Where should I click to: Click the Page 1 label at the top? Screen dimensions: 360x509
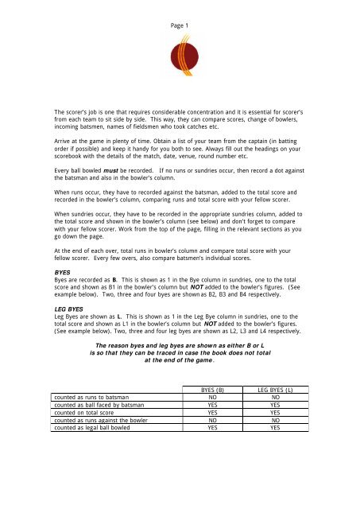coord(180,25)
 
